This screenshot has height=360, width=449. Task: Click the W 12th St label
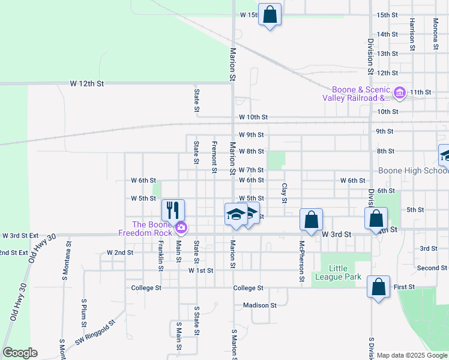tap(86, 83)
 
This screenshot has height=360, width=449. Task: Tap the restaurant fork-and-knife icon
tap(173, 209)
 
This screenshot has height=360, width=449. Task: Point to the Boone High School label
tap(413, 170)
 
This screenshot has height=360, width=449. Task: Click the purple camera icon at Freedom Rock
tap(181, 227)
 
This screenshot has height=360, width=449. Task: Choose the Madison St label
tap(259, 305)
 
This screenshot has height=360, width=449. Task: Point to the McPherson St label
tap(302, 262)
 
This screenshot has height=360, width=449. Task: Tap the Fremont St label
tap(214, 157)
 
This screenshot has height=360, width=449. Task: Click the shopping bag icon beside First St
tap(379, 286)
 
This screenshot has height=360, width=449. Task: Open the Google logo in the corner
tap(20, 353)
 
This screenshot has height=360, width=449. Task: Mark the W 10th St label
tap(253, 118)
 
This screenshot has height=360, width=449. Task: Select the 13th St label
tap(387, 53)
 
